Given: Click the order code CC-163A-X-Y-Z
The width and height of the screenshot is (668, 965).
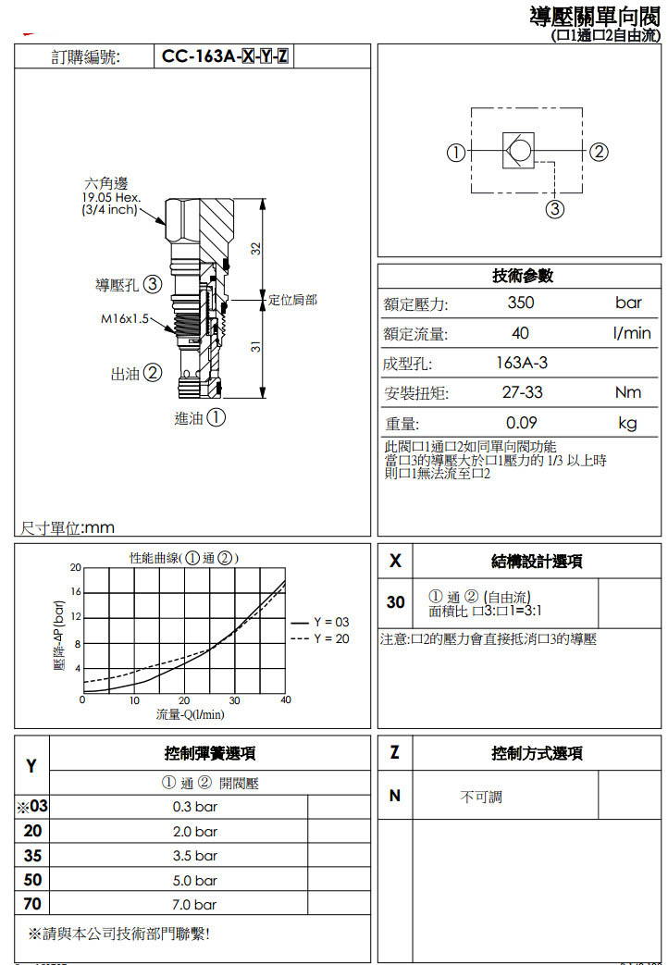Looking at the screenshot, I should (225, 56).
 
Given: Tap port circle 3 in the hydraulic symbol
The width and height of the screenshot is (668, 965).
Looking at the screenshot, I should (554, 209).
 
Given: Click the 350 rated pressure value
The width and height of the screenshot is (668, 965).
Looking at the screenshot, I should (521, 303).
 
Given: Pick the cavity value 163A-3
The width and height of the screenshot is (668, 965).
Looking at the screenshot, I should (522, 364).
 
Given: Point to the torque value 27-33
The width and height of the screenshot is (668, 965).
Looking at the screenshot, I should (522, 392).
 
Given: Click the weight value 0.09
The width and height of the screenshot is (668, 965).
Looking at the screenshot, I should (522, 424).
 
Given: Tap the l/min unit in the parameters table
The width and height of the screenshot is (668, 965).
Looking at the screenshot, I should (632, 333).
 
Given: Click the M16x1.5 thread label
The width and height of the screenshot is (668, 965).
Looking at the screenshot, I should (125, 319).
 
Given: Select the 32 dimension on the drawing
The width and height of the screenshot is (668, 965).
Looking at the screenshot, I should (255, 249).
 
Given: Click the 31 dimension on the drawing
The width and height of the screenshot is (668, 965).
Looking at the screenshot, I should (255, 347).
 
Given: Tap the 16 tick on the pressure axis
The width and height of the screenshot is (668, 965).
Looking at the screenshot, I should (76, 591).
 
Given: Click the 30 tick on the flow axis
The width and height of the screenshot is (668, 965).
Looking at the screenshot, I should (235, 700).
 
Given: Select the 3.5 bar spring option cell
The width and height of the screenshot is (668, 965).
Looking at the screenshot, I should (195, 856).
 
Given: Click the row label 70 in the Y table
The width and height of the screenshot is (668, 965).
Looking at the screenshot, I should (32, 904).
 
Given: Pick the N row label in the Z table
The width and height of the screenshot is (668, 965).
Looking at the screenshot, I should (395, 795).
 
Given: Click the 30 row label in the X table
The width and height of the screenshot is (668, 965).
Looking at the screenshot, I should (396, 602).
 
